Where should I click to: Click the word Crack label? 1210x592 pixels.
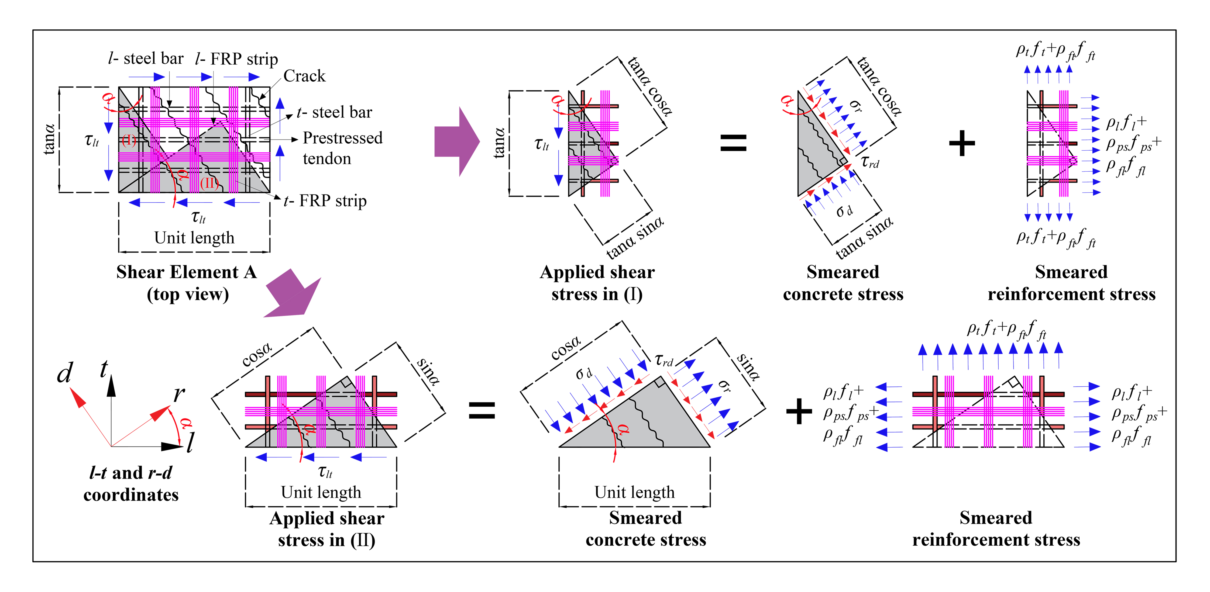[304, 76]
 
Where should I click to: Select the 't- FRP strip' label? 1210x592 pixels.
[325, 201]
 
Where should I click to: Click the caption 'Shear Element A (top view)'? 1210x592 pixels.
[187, 283]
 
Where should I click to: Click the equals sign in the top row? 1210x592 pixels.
[733, 143]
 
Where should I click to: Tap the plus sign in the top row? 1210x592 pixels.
[961, 143]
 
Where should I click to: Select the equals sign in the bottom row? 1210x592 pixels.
[482, 410]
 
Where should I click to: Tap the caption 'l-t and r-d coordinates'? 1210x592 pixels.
[131, 484]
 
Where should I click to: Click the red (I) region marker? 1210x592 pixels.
[129, 140]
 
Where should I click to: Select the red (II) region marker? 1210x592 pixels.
[209, 183]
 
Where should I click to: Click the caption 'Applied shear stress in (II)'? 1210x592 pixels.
[327, 529]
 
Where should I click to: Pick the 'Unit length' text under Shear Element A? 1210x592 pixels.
[194, 238]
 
